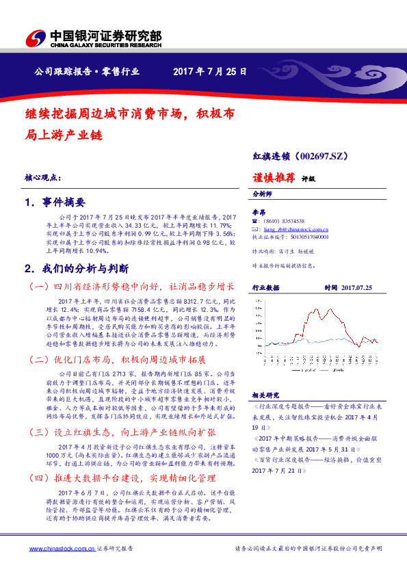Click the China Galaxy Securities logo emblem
tap(34, 38)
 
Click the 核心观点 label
tap(42, 176)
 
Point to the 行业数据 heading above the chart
tap(265, 289)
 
